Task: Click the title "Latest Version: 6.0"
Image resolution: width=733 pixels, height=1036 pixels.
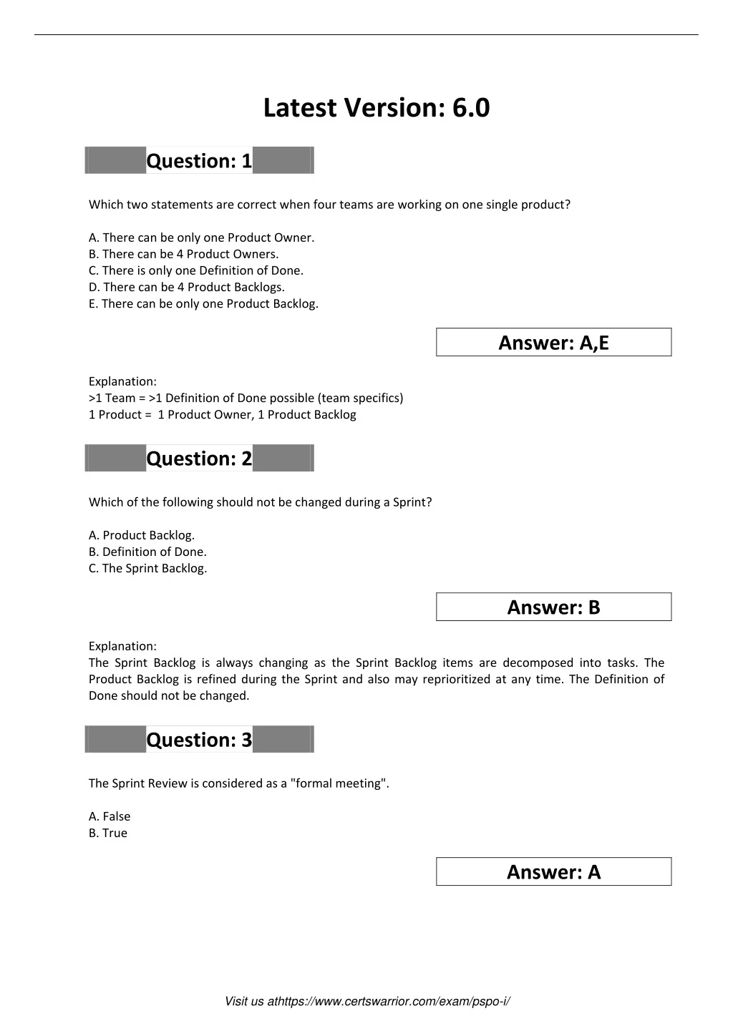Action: click(377, 108)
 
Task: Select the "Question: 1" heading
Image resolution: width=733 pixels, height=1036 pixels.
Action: click(199, 161)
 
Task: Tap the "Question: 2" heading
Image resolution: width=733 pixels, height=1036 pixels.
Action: click(199, 459)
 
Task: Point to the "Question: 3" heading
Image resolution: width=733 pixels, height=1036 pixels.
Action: click(199, 740)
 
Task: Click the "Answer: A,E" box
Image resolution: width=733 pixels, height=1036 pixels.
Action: click(553, 343)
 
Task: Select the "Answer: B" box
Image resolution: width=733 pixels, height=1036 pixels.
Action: click(553, 607)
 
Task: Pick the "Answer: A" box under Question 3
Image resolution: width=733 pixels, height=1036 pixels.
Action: click(553, 872)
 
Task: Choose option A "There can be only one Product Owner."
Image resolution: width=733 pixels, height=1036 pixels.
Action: click(201, 238)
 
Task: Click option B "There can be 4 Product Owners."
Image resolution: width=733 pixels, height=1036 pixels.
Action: click(183, 254)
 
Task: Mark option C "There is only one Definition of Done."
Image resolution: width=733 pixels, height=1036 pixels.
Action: click(196, 270)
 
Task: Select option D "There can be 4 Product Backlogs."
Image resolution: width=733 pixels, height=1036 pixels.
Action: click(186, 287)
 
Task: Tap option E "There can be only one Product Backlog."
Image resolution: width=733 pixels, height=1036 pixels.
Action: click(203, 303)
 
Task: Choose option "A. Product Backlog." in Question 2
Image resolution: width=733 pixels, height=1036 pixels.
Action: click(142, 535)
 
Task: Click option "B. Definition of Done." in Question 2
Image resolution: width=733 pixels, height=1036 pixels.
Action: click(147, 552)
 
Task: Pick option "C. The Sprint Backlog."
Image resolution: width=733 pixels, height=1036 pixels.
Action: click(147, 568)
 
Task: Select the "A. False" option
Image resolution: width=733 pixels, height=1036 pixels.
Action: click(110, 816)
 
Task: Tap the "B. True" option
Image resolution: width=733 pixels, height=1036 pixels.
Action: click(108, 833)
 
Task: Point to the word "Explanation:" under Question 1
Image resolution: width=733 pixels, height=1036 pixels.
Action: click(122, 381)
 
